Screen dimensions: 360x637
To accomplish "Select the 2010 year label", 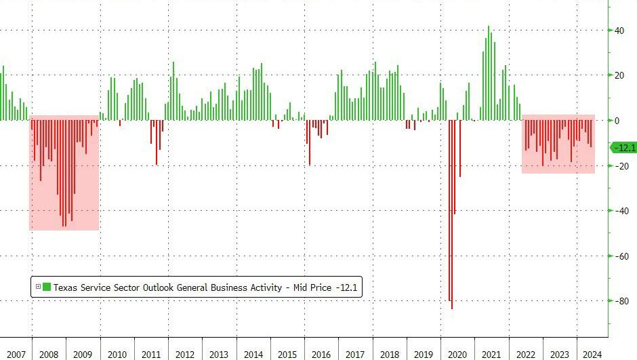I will tap(117, 354).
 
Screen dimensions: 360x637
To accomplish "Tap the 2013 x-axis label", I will tap(219, 354).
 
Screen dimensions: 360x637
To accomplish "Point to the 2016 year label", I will tap(321, 354).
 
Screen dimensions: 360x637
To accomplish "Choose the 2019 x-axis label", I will tap(423, 354).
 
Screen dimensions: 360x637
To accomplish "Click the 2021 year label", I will tap(491, 354).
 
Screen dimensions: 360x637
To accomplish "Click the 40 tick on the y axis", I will tap(619, 31).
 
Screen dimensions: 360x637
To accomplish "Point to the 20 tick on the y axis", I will tap(619, 75).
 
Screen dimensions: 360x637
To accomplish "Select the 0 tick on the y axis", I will tap(617, 121).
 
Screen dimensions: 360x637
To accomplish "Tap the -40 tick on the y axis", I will tap(618, 211).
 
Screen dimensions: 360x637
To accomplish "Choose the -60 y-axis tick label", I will tap(618, 256).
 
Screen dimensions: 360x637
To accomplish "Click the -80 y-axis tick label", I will tap(618, 301).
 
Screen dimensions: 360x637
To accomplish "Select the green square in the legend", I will tap(47, 287).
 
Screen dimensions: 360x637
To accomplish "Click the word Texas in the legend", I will tap(66, 287).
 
